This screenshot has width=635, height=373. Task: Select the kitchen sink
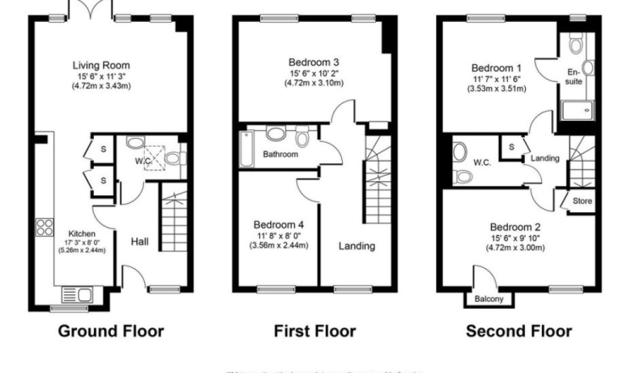pos(83,295)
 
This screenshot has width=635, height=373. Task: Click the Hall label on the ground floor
pos(140,243)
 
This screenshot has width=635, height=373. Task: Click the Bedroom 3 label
pos(312,62)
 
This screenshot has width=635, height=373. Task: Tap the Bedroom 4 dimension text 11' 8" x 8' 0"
pos(279,236)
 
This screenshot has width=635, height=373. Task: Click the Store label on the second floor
pos(582,202)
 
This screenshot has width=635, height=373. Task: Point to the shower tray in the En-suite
pos(576,110)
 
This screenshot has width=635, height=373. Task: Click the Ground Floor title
pos(111,331)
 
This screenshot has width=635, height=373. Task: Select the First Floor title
pos(314,331)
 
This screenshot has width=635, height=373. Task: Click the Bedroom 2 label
pos(516,228)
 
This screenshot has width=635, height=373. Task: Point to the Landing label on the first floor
pos(356,246)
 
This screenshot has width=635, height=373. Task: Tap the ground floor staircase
pos(172,224)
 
